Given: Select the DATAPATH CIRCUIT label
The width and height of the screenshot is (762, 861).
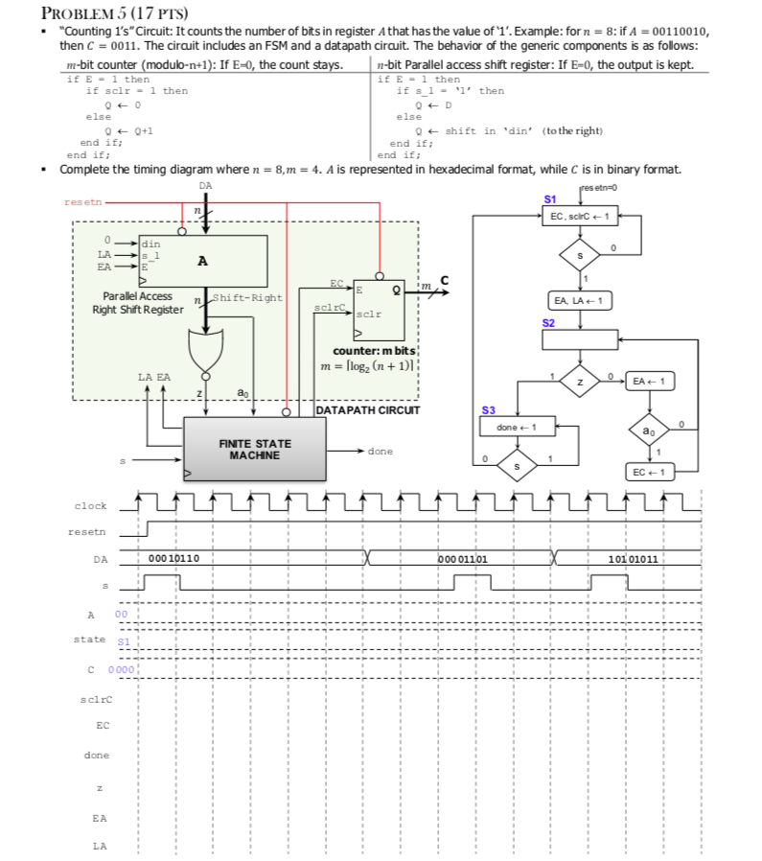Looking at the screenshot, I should [x=368, y=410].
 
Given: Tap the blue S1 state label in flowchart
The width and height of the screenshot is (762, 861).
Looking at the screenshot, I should [x=548, y=198].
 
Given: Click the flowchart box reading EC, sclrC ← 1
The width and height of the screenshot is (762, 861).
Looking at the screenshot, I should [x=579, y=218].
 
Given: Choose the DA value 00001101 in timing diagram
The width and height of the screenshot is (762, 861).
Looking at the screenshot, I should [x=463, y=558].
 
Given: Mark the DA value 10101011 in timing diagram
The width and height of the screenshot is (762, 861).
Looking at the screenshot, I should [x=633, y=558].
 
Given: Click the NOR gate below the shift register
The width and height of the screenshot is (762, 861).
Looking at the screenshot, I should [x=205, y=353].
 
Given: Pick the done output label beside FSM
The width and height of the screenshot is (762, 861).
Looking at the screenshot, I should [x=380, y=451].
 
